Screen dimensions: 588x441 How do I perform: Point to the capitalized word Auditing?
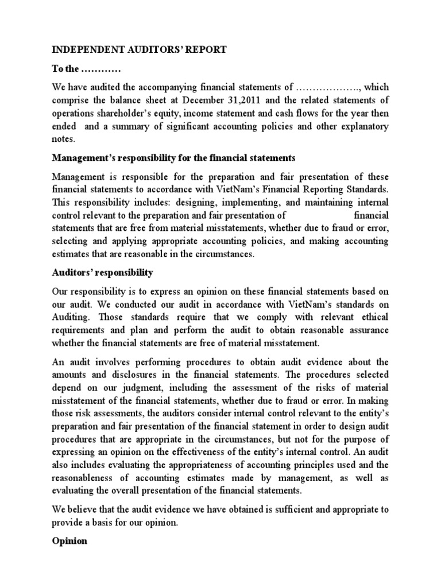pyautogui.click(x=71, y=317)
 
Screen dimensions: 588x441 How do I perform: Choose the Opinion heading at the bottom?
pyautogui.click(x=69, y=541)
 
